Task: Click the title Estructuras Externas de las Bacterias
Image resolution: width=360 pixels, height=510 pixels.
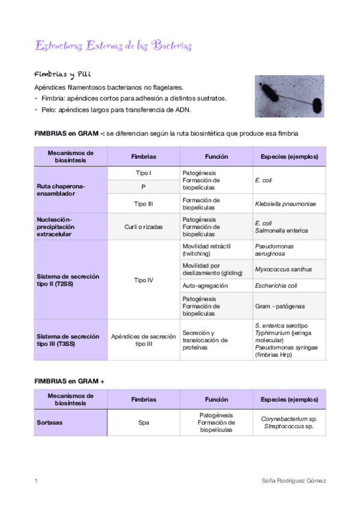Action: pyautogui.click(x=114, y=46)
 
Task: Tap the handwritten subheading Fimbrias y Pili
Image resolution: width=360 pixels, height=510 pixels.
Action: pyautogui.click(x=63, y=75)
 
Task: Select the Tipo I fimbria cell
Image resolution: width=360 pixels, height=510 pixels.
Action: pyautogui.click(x=144, y=173)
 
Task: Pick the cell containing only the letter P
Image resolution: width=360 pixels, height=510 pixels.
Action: pyautogui.click(x=144, y=187)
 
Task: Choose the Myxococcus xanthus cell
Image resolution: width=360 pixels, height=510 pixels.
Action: pyautogui.click(x=283, y=269)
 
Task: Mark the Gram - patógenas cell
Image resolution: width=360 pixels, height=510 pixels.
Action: pyautogui.click(x=279, y=306)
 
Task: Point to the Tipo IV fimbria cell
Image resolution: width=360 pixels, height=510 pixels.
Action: pyautogui.click(x=144, y=280)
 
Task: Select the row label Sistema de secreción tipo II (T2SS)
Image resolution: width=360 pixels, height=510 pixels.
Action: pyautogui.click(x=68, y=280)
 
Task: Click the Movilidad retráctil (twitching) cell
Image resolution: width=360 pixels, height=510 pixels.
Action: pyautogui.click(x=206, y=250)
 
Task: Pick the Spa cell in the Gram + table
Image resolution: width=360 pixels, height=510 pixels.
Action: pyautogui.click(x=144, y=422)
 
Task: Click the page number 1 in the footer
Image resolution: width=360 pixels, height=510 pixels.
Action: pyautogui.click(x=37, y=481)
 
